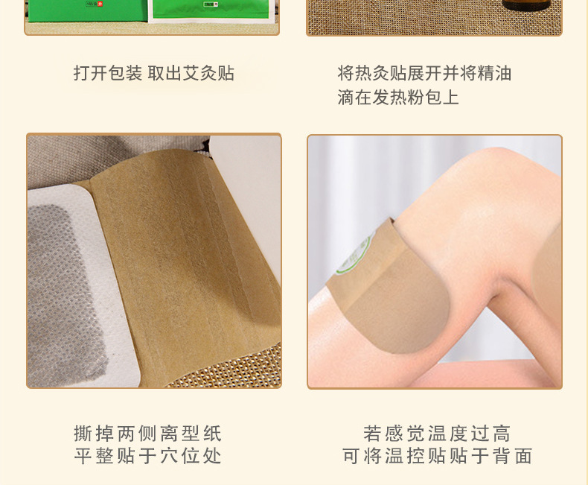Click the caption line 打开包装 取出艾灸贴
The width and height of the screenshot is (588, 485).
154,73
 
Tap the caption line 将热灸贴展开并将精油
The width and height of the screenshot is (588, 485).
424,73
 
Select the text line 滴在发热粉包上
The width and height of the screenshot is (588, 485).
398,98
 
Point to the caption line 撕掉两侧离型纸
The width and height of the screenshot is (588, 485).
148,434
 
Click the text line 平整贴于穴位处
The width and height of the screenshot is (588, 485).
148,456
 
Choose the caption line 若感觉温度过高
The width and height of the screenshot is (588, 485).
437,434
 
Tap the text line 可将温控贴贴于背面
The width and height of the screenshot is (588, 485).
437,456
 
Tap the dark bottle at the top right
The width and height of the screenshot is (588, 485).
527,4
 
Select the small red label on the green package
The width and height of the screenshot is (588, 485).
100,4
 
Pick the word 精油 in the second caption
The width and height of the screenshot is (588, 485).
494,73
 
